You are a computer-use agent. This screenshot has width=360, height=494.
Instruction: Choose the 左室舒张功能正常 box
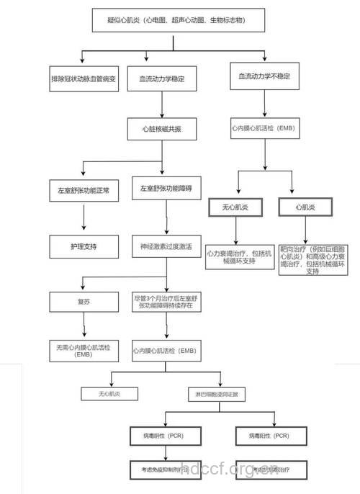pos(84,192)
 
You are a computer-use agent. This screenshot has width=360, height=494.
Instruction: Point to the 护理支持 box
pos(84,246)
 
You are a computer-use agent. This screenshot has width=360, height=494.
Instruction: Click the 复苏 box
pos(84,302)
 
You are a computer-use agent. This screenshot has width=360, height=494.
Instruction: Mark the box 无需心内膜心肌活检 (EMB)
pos(84,350)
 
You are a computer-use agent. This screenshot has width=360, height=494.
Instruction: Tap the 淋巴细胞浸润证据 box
pos(217,394)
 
